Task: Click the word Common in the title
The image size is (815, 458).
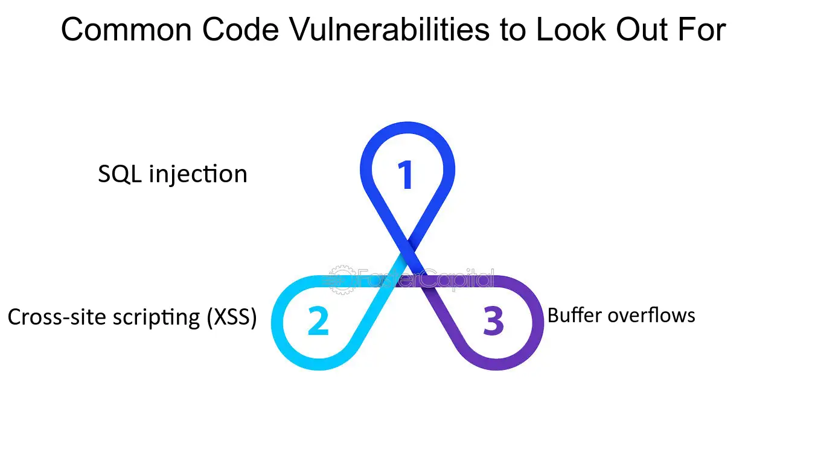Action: pyautogui.click(x=126, y=30)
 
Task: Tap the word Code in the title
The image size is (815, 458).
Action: pyautogui.click(x=240, y=30)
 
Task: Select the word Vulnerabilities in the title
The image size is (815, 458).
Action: pyautogui.click(x=389, y=30)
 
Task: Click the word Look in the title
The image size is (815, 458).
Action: pyautogui.click(x=571, y=30)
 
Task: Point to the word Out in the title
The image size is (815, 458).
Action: pyautogui.click(x=642, y=30)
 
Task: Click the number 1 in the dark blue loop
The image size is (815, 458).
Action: pyautogui.click(x=405, y=175)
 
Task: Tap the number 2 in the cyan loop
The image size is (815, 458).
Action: pyautogui.click(x=318, y=320)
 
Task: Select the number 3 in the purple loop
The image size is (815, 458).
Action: pyautogui.click(x=494, y=320)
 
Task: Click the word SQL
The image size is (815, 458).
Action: pyautogui.click(x=120, y=174)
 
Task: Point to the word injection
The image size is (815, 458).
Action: pyautogui.click(x=198, y=174)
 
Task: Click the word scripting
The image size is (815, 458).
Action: pyautogui.click(x=156, y=318)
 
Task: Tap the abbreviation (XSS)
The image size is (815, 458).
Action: pyautogui.click(x=232, y=317)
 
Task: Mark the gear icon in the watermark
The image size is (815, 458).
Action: pyautogui.click(x=342, y=280)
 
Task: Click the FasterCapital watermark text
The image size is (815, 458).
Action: pyautogui.click(x=426, y=279)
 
